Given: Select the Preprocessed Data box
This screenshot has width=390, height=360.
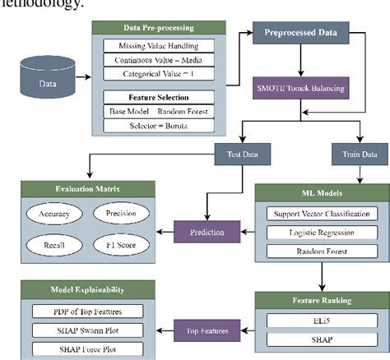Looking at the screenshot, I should click(x=304, y=35).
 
